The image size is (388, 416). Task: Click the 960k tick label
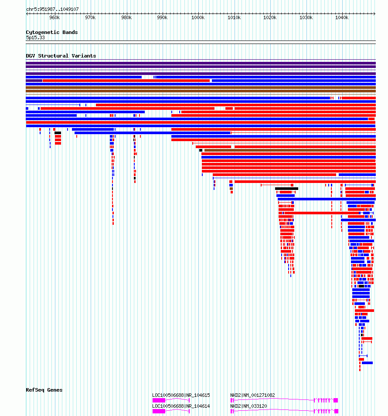pyautogui.click(x=54, y=17)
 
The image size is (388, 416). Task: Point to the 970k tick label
pyautogui.click(x=90, y=17)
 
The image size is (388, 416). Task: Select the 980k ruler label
pyautogui.click(x=126, y=17)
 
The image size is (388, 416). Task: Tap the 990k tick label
pyautogui.click(x=162, y=17)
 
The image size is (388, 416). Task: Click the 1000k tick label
pyautogui.click(x=197, y=17)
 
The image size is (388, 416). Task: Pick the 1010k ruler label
pyautogui.click(x=234, y=17)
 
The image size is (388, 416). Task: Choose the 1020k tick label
pyautogui.click(x=270, y=17)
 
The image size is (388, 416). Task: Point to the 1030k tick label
pyautogui.click(x=306, y=17)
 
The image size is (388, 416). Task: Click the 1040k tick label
pyautogui.click(x=342, y=17)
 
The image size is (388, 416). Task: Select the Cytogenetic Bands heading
pyautogui.click(x=52, y=32)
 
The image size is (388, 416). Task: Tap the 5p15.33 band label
pyautogui.click(x=35, y=37)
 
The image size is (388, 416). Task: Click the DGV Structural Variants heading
pyautogui.click(x=61, y=56)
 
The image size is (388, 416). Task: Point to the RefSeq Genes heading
pyautogui.click(x=44, y=390)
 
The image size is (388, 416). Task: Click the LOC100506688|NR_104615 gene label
pyautogui.click(x=181, y=395)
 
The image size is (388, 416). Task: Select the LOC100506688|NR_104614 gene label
pyautogui.click(x=181, y=406)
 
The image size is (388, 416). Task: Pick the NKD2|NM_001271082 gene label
pyautogui.click(x=252, y=395)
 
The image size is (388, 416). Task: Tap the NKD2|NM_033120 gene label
pyautogui.click(x=248, y=406)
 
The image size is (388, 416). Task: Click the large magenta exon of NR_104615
pyautogui.click(x=159, y=400)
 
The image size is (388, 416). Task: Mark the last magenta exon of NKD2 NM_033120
pyautogui.click(x=336, y=411)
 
